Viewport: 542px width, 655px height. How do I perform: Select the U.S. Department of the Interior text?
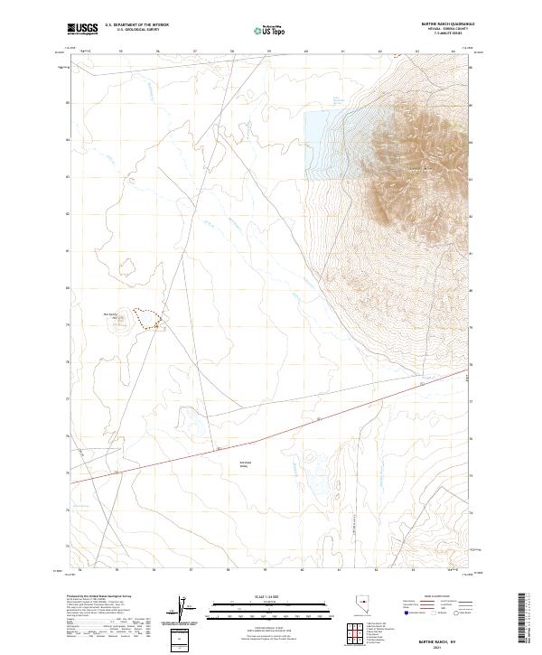136,25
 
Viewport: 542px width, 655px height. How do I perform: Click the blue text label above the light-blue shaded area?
336,101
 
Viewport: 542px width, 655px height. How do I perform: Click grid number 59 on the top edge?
269,52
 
